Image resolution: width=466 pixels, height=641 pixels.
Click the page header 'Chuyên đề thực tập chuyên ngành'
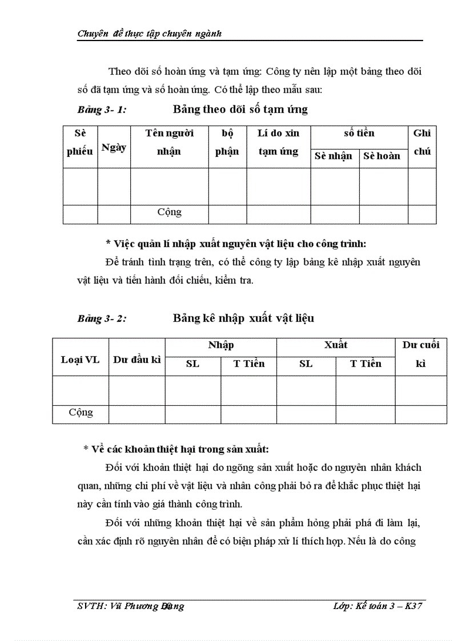point(149,34)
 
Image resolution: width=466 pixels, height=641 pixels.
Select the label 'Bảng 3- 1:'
point(102,110)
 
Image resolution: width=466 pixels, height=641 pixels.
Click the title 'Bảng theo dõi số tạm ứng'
point(240,109)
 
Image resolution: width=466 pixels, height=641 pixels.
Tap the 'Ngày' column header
point(114,147)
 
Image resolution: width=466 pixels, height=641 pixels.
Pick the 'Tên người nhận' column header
point(169,142)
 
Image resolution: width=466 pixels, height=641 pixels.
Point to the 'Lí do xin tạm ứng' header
point(278,142)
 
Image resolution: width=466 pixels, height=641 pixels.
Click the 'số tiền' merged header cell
point(359,133)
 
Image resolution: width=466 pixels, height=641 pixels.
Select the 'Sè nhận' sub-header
point(334,156)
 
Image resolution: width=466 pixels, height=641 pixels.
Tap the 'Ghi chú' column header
point(421,142)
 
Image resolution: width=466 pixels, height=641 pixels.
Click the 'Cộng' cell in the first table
point(169,212)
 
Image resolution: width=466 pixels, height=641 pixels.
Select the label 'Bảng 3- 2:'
point(102,319)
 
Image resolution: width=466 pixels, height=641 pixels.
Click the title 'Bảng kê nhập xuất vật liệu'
point(243,318)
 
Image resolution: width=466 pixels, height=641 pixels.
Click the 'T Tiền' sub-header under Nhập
point(249,364)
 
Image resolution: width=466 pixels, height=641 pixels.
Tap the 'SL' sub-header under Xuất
point(306,364)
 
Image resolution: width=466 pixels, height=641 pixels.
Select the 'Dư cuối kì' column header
point(421,354)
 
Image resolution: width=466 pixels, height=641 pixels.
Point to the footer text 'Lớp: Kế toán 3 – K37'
point(377,606)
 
